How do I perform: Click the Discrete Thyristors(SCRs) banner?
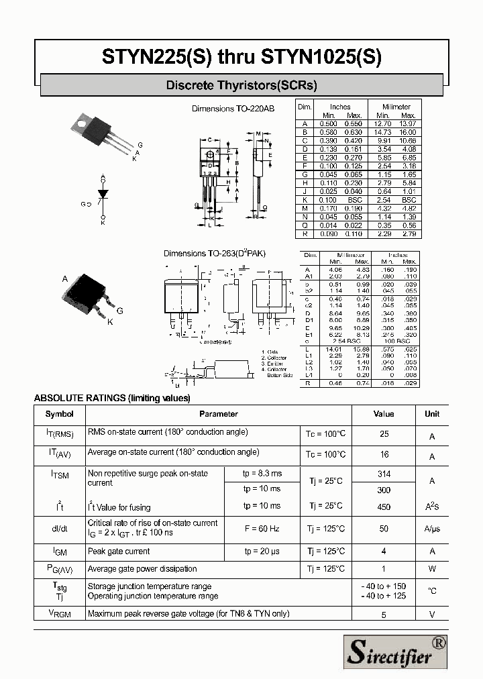tap(241, 85)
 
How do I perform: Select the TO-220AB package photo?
tap(101, 131)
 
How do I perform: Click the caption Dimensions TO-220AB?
tap(233, 109)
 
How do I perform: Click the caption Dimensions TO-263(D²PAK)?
tap(215, 254)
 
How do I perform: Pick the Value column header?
tap(384, 414)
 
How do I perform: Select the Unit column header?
tap(432, 414)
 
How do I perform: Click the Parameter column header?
tap(219, 414)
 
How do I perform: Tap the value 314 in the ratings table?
tap(384, 474)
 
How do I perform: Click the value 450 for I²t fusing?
tap(384, 507)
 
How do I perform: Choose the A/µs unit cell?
tap(432, 529)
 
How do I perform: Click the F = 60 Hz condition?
tap(262, 529)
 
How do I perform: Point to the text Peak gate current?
tap(119, 552)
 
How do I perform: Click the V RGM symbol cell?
tap(60, 613)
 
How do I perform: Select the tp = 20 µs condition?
tap(262, 552)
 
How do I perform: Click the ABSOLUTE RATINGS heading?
tap(112, 398)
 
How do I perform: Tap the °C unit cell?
tap(432, 591)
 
